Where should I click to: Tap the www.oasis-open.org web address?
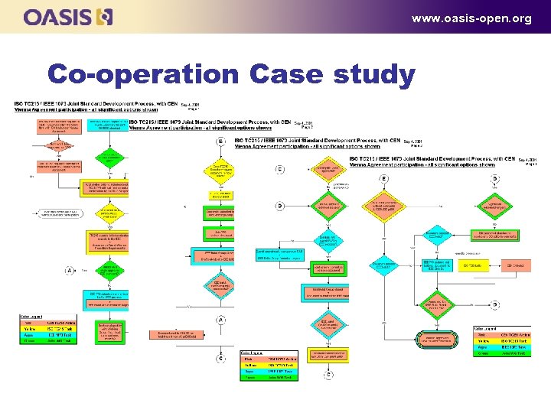click(471, 18)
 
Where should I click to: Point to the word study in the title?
click(375, 75)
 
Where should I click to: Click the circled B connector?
click(221, 141)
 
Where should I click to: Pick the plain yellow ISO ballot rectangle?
click(472, 266)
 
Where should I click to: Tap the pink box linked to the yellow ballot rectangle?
click(514, 266)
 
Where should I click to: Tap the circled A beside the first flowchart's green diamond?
click(70, 270)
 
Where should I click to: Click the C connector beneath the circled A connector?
click(221, 358)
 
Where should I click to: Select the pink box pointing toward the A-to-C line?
click(174, 334)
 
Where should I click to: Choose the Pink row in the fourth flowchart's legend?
click(500, 334)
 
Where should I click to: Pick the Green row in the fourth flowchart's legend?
click(500, 353)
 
